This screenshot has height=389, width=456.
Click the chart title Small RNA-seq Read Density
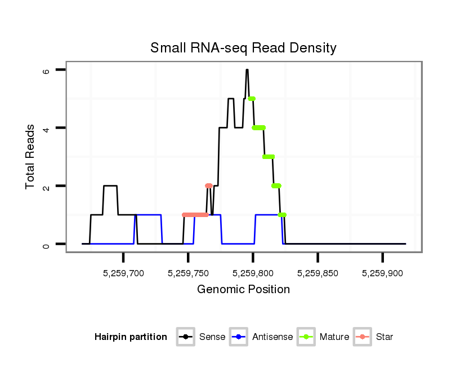tap(243, 48)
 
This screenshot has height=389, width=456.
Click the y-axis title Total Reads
tap(32, 157)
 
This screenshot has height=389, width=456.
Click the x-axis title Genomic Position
tap(243, 290)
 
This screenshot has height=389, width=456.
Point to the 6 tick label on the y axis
tap(46, 70)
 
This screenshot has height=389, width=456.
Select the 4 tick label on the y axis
tap(46, 128)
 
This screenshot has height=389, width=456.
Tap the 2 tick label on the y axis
tap(46, 186)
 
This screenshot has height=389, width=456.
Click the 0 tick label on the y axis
tap(46, 244)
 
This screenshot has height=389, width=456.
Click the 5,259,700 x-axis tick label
tap(123, 273)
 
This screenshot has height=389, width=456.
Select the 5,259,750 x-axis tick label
tap(188, 273)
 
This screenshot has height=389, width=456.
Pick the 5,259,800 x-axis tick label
tap(253, 273)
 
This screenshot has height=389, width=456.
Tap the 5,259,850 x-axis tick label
tap(318, 273)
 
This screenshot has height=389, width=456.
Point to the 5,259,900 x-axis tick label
tap(382, 273)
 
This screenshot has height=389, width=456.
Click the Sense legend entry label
tap(212, 337)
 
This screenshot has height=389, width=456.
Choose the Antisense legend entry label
tap(272, 337)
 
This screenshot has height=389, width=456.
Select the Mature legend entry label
tap(334, 337)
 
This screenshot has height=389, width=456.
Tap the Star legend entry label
tap(385, 337)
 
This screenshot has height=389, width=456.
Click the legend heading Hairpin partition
tap(131, 337)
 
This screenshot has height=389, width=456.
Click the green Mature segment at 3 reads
tap(269, 157)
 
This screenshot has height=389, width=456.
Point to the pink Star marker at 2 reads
tap(209, 185)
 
